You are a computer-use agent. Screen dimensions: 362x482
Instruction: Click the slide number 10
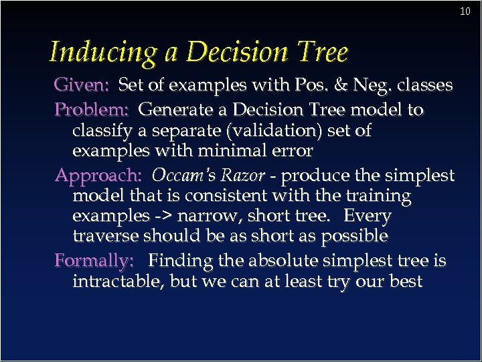click(x=466, y=11)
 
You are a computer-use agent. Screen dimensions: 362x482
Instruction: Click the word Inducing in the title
click(x=104, y=52)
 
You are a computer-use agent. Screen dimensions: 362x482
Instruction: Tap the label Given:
click(x=82, y=86)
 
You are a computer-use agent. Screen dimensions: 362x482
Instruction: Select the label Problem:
click(x=92, y=109)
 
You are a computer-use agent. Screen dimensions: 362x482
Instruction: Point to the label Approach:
click(x=98, y=176)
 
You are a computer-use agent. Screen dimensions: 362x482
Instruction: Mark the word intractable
click(x=118, y=281)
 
